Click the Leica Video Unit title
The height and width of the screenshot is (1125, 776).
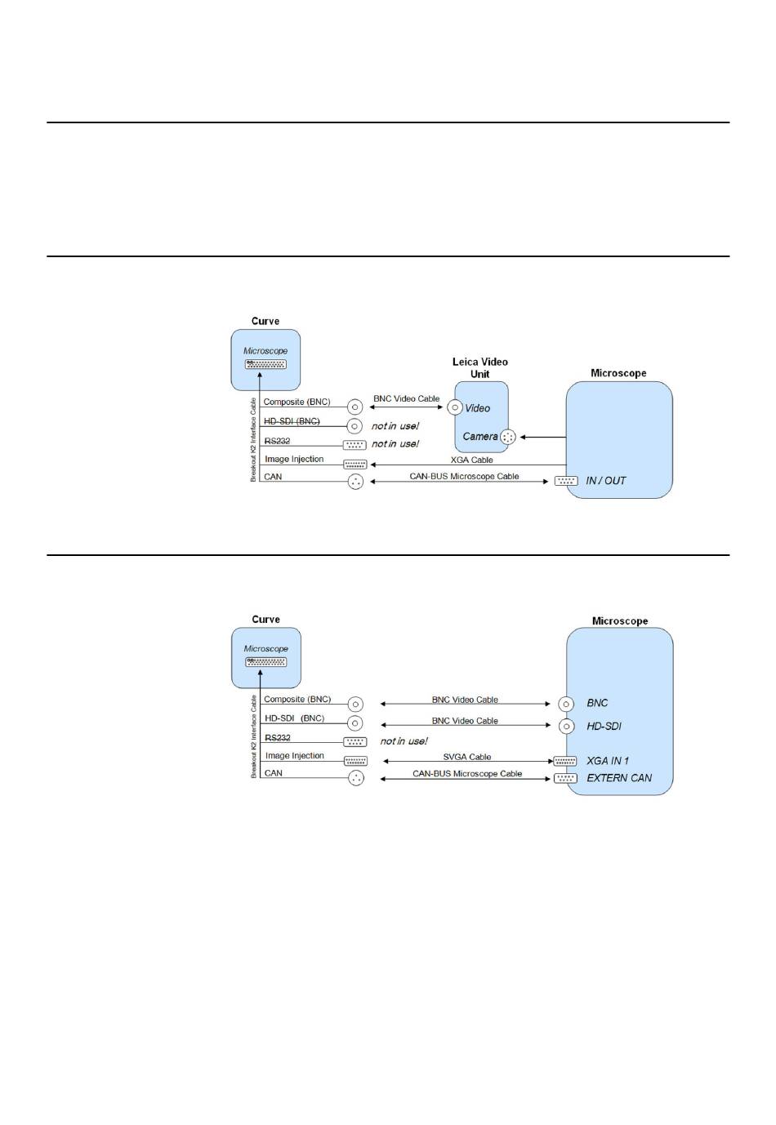(480, 367)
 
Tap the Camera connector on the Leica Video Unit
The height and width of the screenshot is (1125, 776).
(508, 438)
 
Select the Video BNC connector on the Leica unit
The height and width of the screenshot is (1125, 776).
(456, 407)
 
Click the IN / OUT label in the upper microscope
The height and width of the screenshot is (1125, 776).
(606, 481)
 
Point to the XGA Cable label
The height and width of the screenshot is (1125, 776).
(471, 460)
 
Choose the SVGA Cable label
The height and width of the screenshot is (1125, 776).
(467, 757)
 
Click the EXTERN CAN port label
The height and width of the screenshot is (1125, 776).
(619, 778)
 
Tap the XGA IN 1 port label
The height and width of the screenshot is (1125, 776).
(608, 761)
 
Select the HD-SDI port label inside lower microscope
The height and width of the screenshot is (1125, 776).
(604, 726)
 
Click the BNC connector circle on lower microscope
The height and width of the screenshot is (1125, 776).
(566, 704)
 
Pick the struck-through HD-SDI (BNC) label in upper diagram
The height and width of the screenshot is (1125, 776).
(292, 421)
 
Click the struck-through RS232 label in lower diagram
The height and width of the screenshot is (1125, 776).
(278, 737)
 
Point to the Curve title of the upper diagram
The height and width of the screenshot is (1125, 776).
(265, 321)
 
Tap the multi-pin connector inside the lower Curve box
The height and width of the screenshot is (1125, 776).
(265, 661)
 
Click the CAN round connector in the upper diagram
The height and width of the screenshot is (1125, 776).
(355, 482)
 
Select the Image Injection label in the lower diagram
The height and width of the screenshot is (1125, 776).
(295, 756)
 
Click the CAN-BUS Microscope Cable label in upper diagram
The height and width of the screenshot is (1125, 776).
(464, 476)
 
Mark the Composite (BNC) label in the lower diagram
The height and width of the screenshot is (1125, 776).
(297, 700)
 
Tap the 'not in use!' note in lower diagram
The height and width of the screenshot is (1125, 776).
(404, 741)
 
